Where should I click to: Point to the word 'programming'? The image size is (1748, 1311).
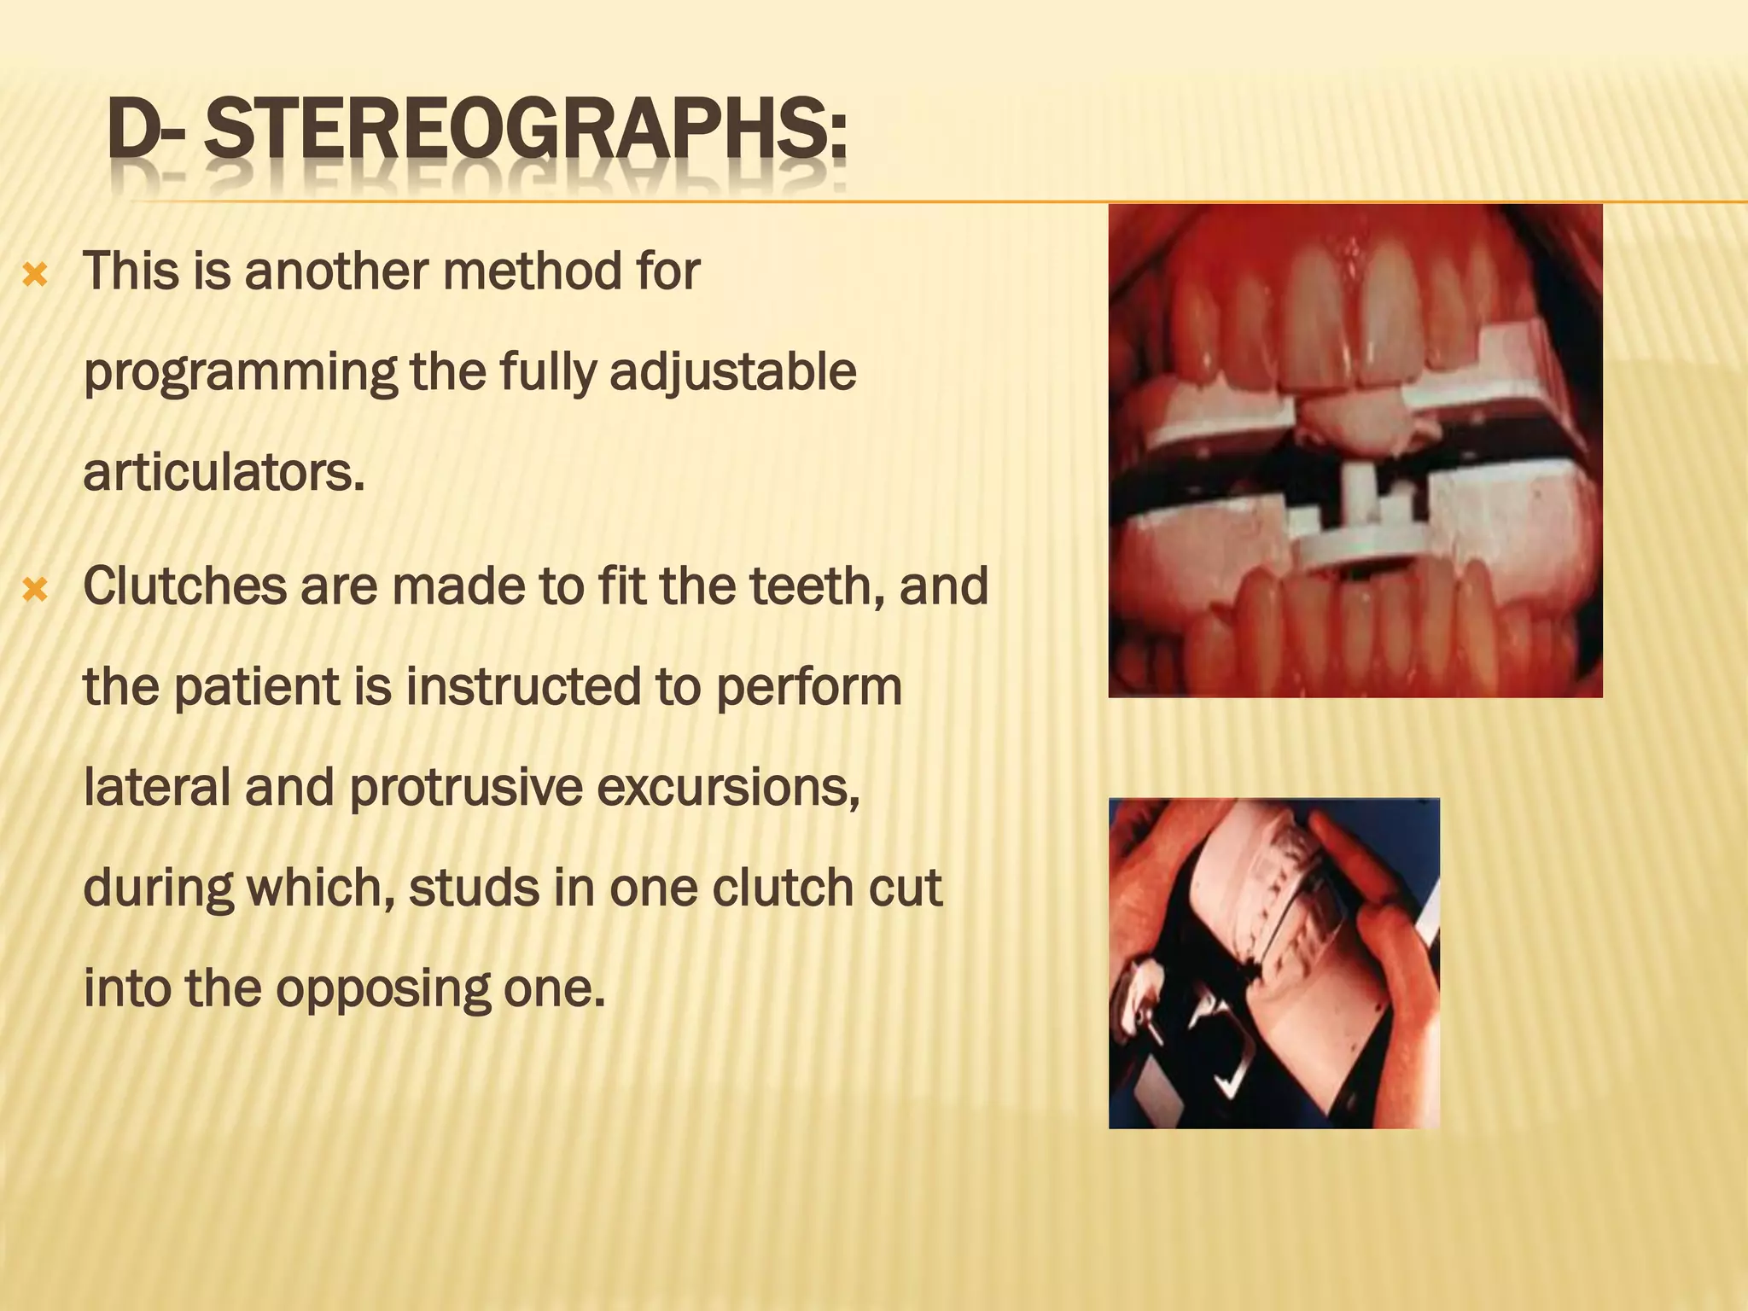(x=240, y=374)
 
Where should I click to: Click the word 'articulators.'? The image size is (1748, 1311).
(x=224, y=473)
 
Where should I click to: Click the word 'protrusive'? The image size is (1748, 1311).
(x=466, y=787)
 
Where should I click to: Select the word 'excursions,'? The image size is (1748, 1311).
(x=728, y=787)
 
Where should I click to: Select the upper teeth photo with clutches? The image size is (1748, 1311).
(x=1355, y=451)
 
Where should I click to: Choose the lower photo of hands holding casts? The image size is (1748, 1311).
(x=1273, y=963)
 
